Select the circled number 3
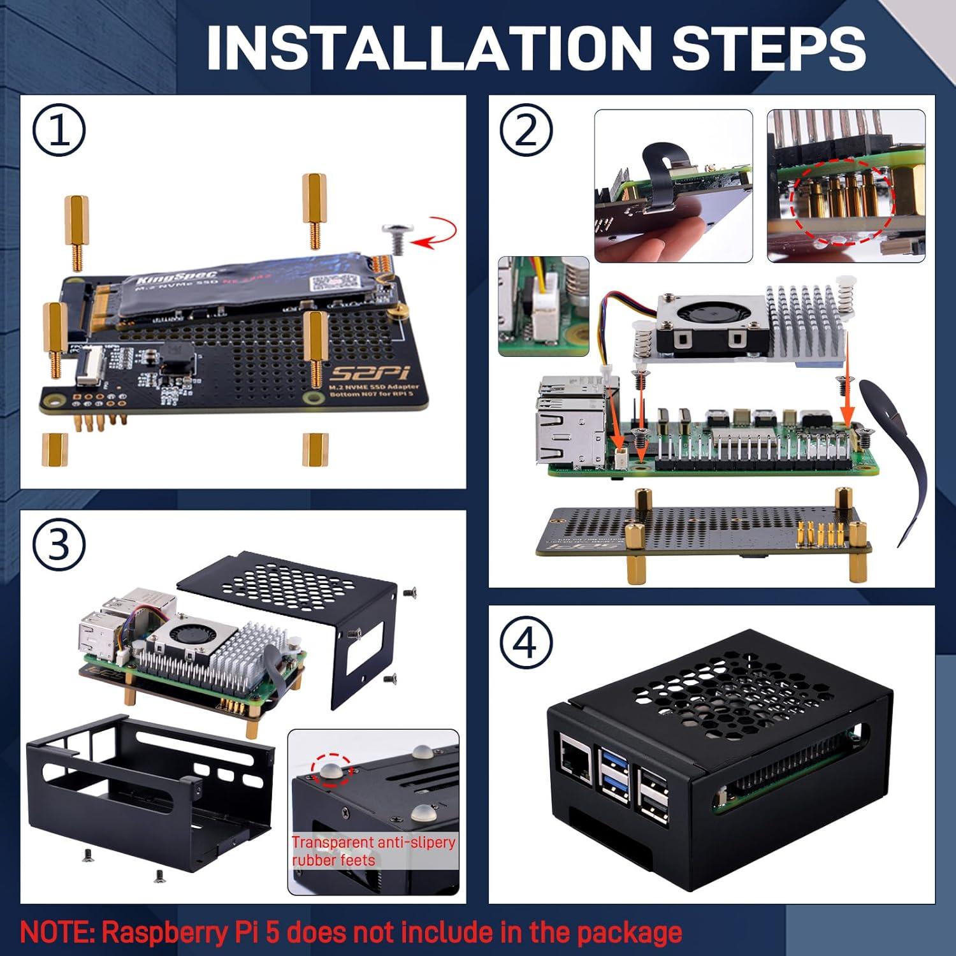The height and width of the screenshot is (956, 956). pyautogui.click(x=59, y=546)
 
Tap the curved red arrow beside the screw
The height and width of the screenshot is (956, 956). pyautogui.click(x=436, y=234)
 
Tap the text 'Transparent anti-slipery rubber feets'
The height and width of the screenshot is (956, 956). pyautogui.click(x=373, y=851)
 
